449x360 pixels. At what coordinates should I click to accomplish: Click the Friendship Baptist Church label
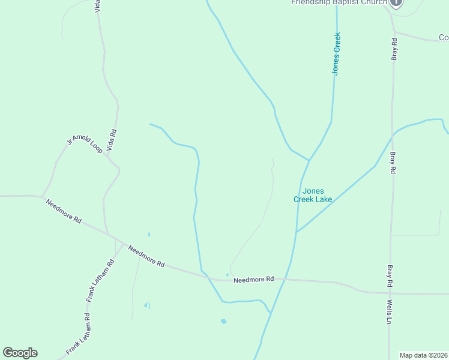[x=339, y=2]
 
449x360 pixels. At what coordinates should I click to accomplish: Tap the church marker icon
[x=396, y=2]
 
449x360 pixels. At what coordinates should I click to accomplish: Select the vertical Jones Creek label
[x=337, y=54]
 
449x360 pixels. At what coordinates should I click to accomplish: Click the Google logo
[x=20, y=353]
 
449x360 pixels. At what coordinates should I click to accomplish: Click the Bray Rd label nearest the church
[x=394, y=49]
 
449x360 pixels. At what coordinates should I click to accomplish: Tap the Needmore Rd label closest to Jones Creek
[x=253, y=280]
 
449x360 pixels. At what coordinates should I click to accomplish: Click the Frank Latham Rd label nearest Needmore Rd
[x=99, y=281]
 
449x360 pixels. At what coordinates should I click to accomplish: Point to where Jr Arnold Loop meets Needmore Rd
[x=41, y=196]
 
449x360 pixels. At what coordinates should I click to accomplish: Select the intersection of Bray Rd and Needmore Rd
[x=390, y=293]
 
